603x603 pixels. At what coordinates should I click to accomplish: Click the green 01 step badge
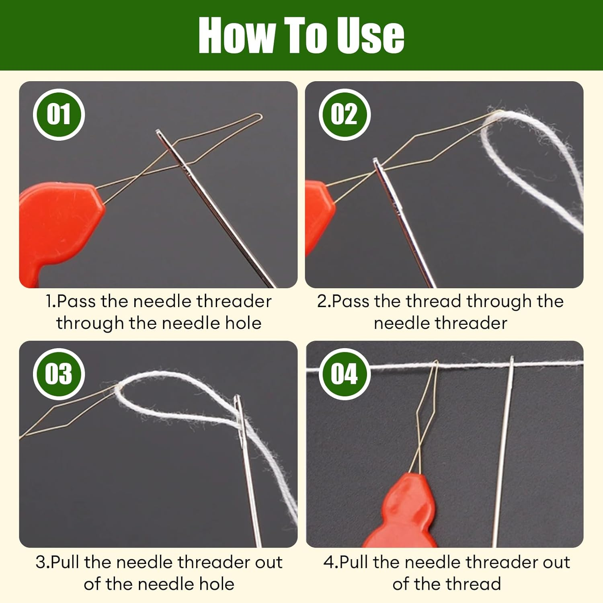(59, 115)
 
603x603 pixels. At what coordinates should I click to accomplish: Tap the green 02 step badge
(345, 115)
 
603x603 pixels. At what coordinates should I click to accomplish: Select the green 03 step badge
(59, 374)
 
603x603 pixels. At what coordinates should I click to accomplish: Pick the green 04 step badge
(345, 374)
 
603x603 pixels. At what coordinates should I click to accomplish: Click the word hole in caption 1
(244, 323)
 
